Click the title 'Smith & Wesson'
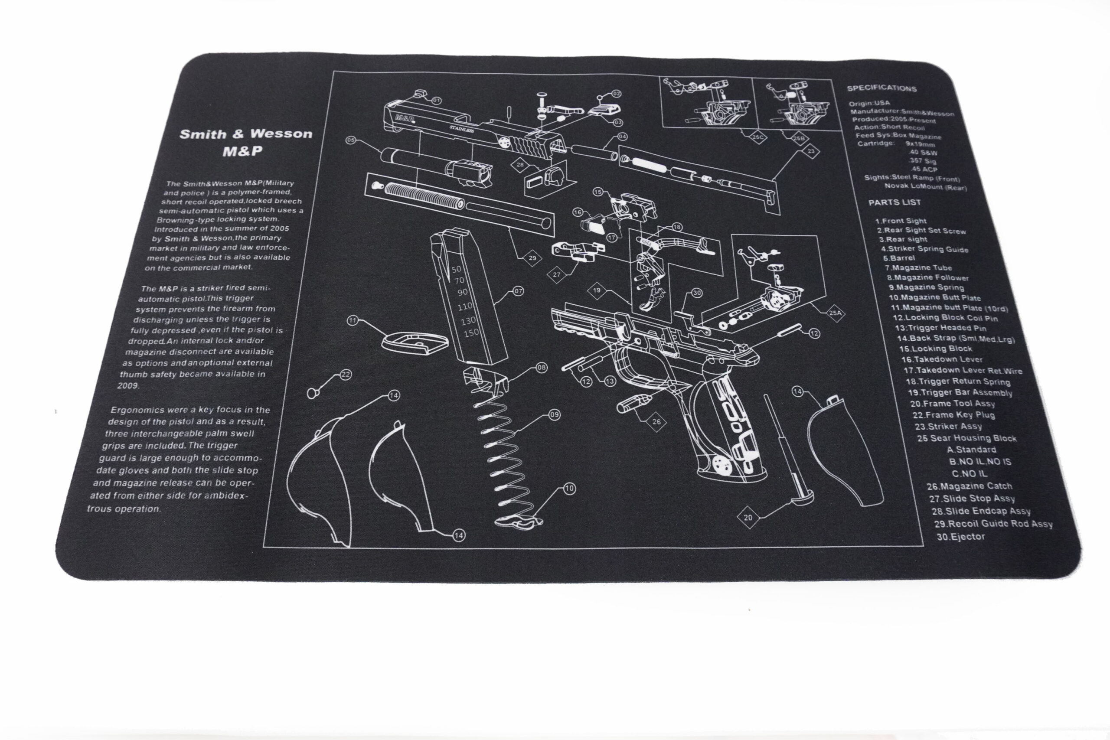[246, 134]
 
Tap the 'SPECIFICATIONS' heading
[881, 88]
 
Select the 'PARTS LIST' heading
[895, 202]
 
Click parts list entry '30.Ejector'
[960, 537]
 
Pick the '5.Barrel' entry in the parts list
[898, 258]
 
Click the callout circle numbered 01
[437, 101]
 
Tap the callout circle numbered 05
[351, 140]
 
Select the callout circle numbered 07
[519, 291]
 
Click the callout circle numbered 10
[570, 489]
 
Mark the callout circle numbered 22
[346, 374]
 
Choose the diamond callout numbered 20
[748, 518]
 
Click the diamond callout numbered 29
[532, 258]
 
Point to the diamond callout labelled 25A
[836, 313]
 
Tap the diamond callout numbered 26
[656, 422]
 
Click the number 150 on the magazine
[471, 333]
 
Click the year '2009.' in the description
[128, 385]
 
